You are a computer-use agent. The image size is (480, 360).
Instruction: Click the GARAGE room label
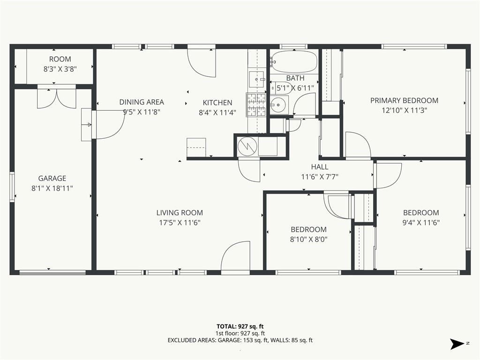[52, 178]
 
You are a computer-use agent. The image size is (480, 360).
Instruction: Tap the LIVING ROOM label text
[180, 213]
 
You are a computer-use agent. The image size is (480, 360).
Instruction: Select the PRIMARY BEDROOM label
[404, 100]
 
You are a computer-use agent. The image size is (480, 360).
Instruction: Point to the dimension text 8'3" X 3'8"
[60, 69]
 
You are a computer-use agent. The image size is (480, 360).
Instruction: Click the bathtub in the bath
[294, 61]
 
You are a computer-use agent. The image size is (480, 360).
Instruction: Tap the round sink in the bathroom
[278, 105]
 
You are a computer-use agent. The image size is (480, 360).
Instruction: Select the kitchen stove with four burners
[256, 105]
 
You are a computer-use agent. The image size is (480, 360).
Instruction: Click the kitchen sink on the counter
[256, 79]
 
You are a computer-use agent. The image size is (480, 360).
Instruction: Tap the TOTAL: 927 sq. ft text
[240, 326]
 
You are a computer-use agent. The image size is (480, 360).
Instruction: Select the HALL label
[320, 167]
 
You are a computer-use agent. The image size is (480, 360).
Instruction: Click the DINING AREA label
[142, 102]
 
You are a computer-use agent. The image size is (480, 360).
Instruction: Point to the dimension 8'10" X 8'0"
[308, 239]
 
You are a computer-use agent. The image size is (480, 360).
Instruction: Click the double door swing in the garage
[56, 98]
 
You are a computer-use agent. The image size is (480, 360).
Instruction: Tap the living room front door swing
[235, 256]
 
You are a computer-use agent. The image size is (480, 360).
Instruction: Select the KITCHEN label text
[217, 103]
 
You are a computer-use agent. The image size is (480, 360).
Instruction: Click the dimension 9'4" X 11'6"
[421, 223]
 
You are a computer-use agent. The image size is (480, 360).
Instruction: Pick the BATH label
[295, 78]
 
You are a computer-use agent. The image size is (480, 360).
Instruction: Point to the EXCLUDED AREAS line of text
[240, 340]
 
